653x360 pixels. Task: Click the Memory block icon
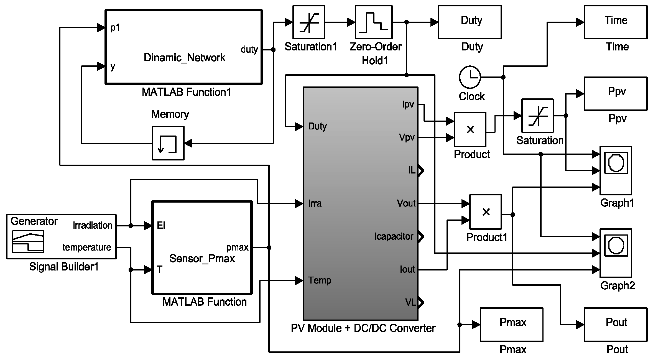pyautogui.click(x=168, y=143)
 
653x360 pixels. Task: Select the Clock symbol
pyautogui.click(x=470, y=77)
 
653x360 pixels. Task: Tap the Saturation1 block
pyautogui.click(x=308, y=22)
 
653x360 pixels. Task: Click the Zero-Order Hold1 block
pyautogui.click(x=373, y=22)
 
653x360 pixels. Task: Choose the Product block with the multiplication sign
pyautogui.click(x=470, y=129)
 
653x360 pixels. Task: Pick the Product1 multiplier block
pyautogui.click(x=485, y=212)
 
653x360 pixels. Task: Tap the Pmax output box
pyautogui.click(x=511, y=324)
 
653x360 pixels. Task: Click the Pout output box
pyautogui.click(x=616, y=324)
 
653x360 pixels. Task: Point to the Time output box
pyautogui.click(x=616, y=22)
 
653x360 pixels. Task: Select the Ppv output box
pyautogui.click(x=616, y=94)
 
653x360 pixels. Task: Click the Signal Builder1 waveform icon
pyautogui.click(x=28, y=241)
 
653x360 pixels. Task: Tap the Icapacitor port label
pyautogui.click(x=393, y=236)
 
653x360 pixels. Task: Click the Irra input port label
pyautogui.click(x=315, y=203)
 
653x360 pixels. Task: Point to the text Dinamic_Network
pyautogui.click(x=184, y=58)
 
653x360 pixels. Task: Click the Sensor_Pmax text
pyautogui.click(x=202, y=259)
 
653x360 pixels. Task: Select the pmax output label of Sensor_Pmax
pyautogui.click(x=237, y=247)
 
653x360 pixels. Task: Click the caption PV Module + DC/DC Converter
pyautogui.click(x=363, y=328)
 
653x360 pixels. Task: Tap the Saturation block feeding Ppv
pyautogui.click(x=537, y=116)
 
